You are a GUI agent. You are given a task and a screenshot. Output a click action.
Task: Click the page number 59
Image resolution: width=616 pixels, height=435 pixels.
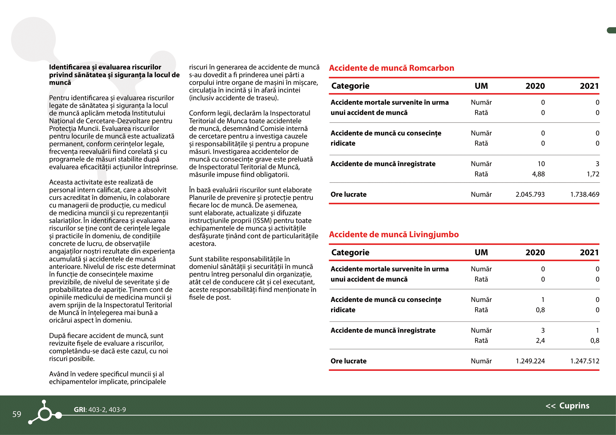tap(17, 414)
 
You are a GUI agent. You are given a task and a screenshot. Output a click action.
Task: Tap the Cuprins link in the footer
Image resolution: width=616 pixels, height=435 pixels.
tap(574, 406)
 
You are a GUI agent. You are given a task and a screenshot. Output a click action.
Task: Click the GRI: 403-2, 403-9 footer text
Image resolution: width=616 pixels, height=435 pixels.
tap(100, 409)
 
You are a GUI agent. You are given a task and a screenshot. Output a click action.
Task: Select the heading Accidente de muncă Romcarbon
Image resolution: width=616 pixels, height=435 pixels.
tap(391, 68)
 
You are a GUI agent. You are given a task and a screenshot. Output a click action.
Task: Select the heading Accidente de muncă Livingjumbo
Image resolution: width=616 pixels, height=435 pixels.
tap(393, 234)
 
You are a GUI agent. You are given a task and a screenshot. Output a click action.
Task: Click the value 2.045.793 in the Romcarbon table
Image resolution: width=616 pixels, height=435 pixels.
tap(530, 194)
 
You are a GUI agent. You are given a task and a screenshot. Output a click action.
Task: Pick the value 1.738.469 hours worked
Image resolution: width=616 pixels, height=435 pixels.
tap(585, 194)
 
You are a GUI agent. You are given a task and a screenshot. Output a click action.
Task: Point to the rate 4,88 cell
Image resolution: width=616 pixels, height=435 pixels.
tap(538, 174)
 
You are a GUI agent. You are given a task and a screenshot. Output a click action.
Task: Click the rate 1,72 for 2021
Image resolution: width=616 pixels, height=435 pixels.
tap(593, 174)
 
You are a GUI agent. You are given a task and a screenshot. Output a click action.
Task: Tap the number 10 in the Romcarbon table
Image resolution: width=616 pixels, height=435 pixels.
tap(541, 164)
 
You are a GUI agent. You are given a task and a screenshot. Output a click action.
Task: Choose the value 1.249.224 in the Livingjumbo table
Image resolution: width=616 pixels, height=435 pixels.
tap(530, 361)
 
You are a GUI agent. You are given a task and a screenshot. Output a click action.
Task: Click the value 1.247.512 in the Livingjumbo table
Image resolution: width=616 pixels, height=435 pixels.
tap(585, 361)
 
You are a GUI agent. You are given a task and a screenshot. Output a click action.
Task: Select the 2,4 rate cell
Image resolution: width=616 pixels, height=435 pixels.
tap(540, 341)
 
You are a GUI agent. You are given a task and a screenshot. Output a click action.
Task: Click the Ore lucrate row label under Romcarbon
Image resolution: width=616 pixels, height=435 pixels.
tap(348, 194)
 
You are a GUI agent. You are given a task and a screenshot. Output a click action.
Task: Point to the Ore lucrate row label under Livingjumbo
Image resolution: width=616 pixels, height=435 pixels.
tap(348, 361)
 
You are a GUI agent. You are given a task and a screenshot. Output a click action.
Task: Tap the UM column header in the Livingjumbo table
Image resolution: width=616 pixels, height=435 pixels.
tap(481, 252)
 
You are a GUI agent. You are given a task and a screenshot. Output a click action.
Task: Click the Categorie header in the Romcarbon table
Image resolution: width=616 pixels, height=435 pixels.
tap(350, 86)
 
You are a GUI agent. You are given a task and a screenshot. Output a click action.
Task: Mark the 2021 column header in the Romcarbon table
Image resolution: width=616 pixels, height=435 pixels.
tap(589, 86)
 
